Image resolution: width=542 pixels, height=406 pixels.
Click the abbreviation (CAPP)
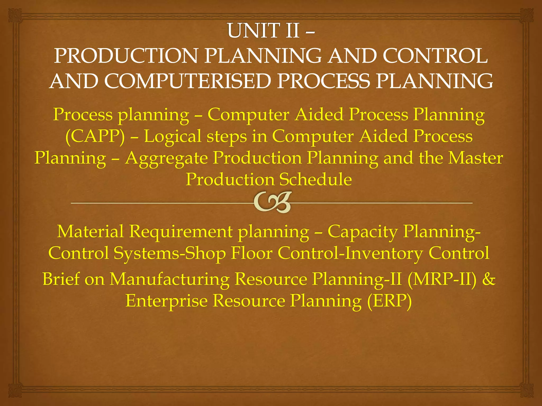coord(95,136)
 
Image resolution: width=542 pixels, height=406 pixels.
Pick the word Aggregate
coord(166,158)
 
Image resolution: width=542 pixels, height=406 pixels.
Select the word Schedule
coord(315,179)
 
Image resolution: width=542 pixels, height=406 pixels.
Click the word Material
coord(90,231)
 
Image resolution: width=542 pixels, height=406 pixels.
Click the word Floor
coord(251,253)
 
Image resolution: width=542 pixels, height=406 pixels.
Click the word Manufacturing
coord(169,279)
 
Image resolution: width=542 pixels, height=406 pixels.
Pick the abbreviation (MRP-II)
coord(441,279)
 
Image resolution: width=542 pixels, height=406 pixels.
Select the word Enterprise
coord(166,301)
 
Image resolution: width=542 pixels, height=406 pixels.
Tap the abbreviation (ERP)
coord(389,301)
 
